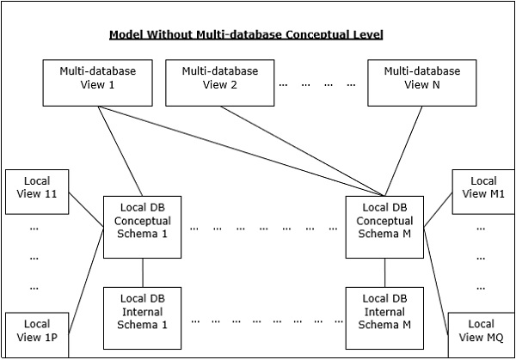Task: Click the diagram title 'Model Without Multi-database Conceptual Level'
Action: [245, 35]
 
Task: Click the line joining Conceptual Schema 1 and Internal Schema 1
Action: [142, 272]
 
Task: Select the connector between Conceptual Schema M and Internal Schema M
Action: [385, 272]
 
